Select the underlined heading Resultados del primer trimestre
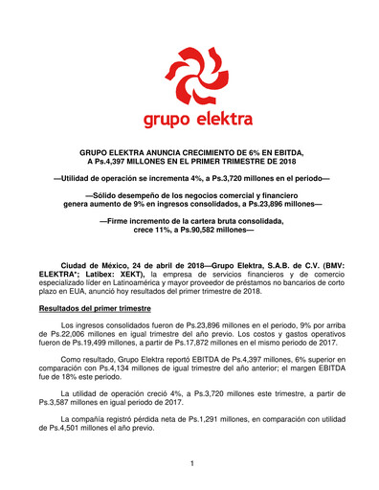[94, 310]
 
